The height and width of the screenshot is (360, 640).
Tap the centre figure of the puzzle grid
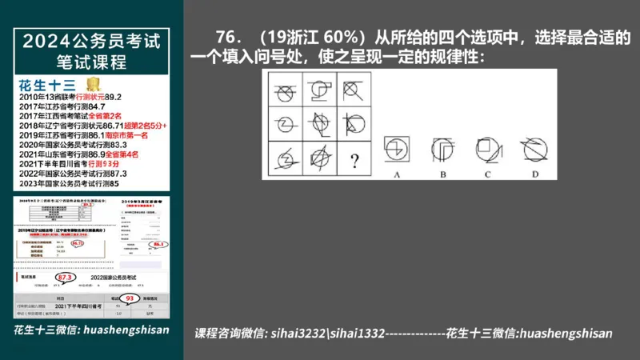pyautogui.click(x=318, y=122)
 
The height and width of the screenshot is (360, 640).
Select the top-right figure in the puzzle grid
pyautogui.click(x=353, y=86)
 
